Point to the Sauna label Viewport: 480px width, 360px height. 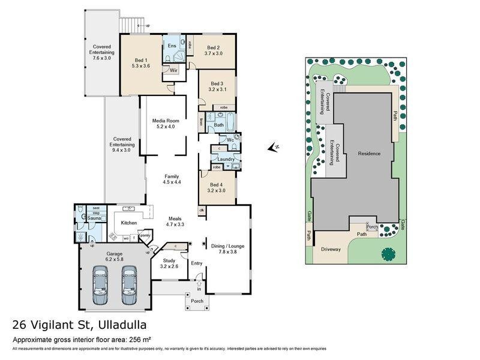(x=94, y=218)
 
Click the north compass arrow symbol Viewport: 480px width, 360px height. (x=274, y=147)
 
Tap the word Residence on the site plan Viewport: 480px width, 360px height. (x=369, y=154)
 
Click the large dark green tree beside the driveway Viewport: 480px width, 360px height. (x=388, y=254)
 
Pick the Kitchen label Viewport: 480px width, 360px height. (x=128, y=223)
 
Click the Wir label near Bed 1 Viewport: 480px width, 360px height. (x=173, y=70)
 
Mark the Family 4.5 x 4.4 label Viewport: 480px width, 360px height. (x=172, y=179)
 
